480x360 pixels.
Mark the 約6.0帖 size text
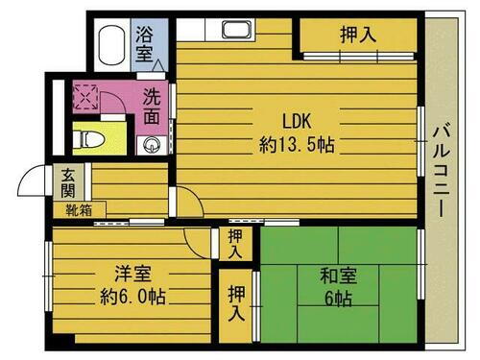coord(132,297)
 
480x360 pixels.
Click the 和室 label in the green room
coord(341,276)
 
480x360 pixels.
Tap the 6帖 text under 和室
coord(341,299)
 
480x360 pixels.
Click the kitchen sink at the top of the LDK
coord(236,29)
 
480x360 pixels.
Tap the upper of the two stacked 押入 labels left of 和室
coord(235,244)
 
